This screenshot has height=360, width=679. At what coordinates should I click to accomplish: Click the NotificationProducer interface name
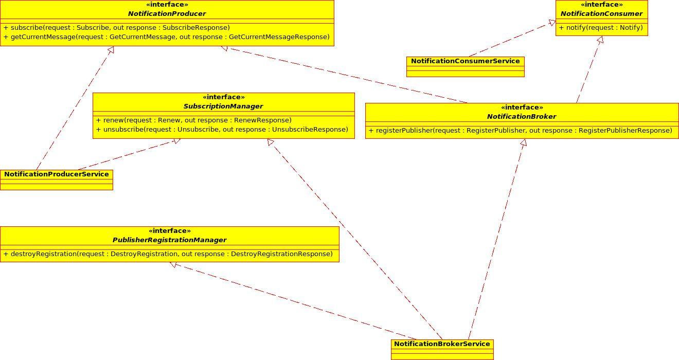[167, 14]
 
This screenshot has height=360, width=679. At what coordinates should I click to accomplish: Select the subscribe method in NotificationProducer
[116, 28]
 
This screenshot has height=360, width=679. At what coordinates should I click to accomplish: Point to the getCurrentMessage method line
[166, 37]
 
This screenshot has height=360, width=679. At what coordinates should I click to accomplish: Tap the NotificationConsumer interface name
[601, 14]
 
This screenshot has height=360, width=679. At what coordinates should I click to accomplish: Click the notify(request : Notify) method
[601, 28]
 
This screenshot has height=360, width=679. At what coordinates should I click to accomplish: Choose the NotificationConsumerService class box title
[465, 61]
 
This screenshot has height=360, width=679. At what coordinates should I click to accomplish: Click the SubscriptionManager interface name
[223, 106]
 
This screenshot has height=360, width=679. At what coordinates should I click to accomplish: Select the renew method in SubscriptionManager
[193, 120]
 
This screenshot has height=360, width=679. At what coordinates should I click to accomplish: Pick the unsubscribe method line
[222, 130]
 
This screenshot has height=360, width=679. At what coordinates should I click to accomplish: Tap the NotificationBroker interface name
[522, 117]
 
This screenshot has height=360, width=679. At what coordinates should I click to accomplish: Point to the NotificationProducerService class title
[57, 174]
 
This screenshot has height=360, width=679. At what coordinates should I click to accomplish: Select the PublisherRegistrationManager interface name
[169, 240]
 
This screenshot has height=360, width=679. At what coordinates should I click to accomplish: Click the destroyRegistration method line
[168, 254]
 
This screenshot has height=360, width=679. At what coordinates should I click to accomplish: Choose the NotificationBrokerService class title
[442, 344]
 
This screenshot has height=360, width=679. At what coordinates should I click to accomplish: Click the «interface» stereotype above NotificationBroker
[522, 107]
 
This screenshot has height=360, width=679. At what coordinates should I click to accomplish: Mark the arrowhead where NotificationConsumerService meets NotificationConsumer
[552, 23]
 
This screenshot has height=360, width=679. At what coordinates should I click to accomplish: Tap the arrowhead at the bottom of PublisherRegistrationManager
[173, 264]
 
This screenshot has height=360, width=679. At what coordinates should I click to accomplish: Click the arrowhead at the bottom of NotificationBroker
[524, 142]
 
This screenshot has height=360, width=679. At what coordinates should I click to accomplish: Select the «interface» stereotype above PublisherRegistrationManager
[169, 231]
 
